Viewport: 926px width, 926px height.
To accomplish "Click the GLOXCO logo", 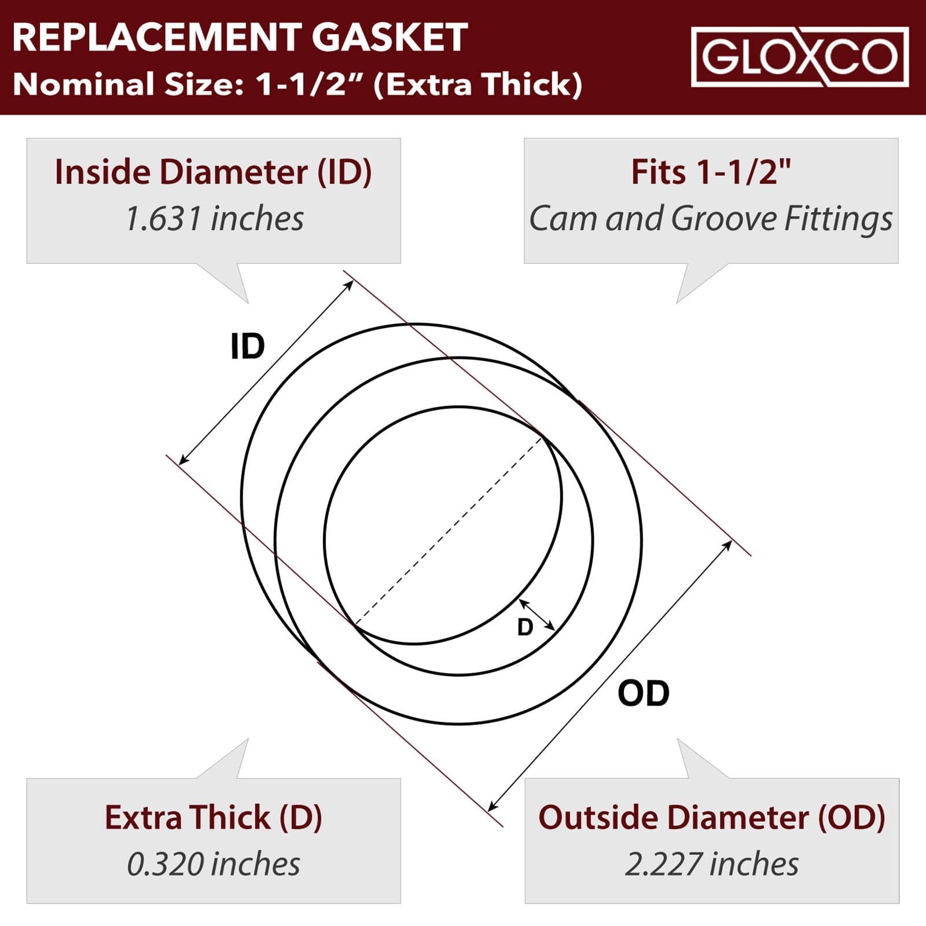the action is [800, 57].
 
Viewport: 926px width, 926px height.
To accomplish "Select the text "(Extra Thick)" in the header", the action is [477, 84].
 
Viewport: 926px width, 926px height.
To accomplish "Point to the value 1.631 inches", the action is [214, 219].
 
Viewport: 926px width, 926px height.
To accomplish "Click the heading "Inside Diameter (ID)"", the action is [213, 172].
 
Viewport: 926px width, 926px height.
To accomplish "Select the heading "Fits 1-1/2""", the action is [711, 172].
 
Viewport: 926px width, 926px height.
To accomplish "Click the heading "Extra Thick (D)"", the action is [213, 817].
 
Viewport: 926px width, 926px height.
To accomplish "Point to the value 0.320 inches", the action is [214, 864].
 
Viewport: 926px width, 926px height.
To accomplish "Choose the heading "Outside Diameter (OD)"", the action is [711, 817].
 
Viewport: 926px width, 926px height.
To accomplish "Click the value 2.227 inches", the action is [711, 864].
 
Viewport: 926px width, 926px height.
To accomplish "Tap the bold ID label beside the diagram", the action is [247, 347].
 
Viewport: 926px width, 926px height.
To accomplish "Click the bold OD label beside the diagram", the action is [644, 693].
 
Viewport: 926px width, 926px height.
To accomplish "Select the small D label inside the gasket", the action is [525, 627].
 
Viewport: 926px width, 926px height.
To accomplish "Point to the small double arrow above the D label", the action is [537, 615].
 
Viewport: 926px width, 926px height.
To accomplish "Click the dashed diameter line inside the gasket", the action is [449, 531].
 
